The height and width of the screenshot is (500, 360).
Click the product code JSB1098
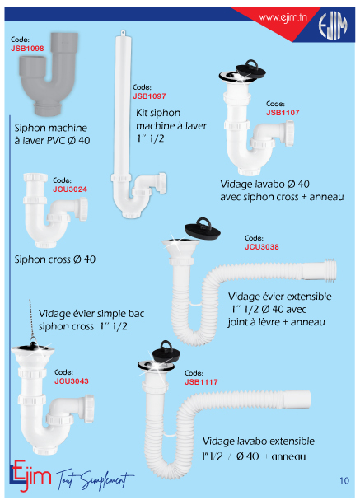tap(27, 49)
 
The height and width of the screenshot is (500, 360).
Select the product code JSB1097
tap(149, 96)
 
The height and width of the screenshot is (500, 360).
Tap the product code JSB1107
tap(283, 113)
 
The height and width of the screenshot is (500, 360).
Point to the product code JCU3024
tap(70, 189)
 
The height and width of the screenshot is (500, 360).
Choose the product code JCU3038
tap(262, 247)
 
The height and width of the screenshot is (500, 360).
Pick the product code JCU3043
tap(72, 381)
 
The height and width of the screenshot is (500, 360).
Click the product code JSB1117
tap(201, 381)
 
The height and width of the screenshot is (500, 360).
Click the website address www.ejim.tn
tap(283, 17)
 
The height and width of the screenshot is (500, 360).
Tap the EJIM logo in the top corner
tap(333, 26)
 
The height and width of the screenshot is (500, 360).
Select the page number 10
tap(344, 480)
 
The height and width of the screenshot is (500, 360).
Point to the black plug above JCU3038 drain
tap(203, 229)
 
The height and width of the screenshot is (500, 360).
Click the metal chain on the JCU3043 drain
tap(31, 320)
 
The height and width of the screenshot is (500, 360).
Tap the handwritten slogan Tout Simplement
tap(95, 479)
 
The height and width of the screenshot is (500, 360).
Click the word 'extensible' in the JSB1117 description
tap(292, 441)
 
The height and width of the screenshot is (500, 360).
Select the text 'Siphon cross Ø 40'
tap(55, 259)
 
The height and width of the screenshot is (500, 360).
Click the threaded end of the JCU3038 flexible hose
tap(330, 270)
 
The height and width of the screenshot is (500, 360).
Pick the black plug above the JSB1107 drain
tap(251, 68)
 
